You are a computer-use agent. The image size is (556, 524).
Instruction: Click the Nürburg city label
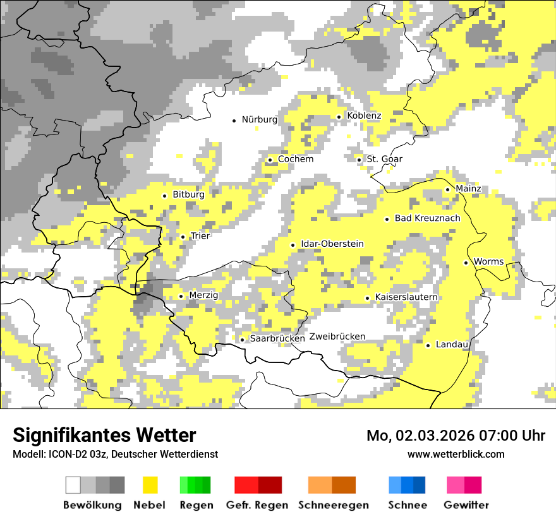(x=259, y=119)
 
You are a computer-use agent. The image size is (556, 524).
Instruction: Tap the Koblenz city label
(x=364, y=116)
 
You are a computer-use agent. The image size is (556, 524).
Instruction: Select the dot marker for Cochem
(x=270, y=160)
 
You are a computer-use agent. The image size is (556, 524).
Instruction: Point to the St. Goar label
(x=385, y=159)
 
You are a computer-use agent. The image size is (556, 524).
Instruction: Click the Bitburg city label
(x=188, y=194)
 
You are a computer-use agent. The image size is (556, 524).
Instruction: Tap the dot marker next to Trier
(x=183, y=237)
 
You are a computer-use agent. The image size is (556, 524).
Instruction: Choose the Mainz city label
(x=468, y=188)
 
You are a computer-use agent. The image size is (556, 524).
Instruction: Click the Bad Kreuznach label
(x=427, y=218)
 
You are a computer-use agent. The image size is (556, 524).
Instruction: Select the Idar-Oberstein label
(x=332, y=244)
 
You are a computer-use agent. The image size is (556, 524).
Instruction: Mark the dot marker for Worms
(x=466, y=263)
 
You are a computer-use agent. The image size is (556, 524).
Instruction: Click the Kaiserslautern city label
(x=406, y=297)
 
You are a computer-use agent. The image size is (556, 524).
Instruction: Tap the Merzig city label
(x=203, y=295)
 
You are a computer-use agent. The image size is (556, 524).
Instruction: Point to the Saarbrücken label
(x=277, y=338)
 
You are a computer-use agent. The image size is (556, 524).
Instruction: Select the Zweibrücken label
(x=337, y=336)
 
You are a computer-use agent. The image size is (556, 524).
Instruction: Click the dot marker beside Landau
(x=428, y=345)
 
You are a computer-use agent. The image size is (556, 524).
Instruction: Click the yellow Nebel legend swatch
(x=150, y=485)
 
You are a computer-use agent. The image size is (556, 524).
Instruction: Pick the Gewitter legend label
(x=466, y=505)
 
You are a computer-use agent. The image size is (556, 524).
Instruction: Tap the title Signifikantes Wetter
(x=104, y=435)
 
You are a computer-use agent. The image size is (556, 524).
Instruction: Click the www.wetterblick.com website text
(x=456, y=454)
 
